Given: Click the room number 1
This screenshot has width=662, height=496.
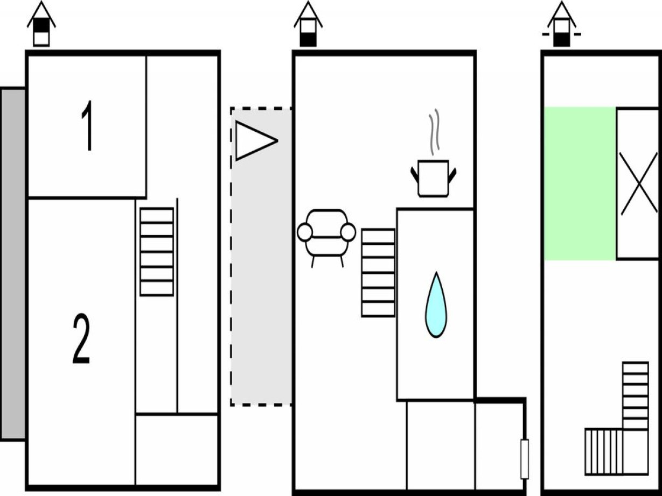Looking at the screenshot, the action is pos(87,126).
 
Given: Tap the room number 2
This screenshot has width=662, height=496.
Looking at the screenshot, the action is pos(81,338).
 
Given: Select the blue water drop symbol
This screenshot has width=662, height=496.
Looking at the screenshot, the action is pos(436,305).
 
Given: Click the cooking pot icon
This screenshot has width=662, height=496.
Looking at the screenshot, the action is pos(434,178).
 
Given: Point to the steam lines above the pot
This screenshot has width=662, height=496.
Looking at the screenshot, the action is pos(434,132).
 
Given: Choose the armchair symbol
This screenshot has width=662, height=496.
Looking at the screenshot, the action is pos(326,238).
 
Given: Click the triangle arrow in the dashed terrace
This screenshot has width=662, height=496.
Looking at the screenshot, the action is pos(256,140).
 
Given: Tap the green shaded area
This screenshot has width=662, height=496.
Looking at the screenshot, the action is pos(580,183).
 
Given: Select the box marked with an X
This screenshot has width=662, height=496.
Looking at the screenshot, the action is pos(638,183).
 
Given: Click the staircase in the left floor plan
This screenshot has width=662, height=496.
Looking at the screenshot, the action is pos(157,252).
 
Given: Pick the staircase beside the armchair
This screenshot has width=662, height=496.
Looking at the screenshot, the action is pos(378,273).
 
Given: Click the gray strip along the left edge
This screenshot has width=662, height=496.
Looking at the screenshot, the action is pos(13,264).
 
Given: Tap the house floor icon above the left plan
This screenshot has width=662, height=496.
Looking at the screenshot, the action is pos(41,24).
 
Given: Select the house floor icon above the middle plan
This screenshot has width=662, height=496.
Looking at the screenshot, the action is pos(308,24).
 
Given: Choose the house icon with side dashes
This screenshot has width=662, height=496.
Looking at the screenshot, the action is pos(562,24).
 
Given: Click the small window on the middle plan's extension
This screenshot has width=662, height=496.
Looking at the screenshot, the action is pos(525,459).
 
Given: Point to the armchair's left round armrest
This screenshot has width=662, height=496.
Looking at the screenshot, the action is pos(305,232).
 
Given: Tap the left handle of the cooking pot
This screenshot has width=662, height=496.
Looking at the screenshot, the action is pos(414,175).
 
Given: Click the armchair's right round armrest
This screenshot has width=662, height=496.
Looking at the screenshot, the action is pos(348,232).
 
